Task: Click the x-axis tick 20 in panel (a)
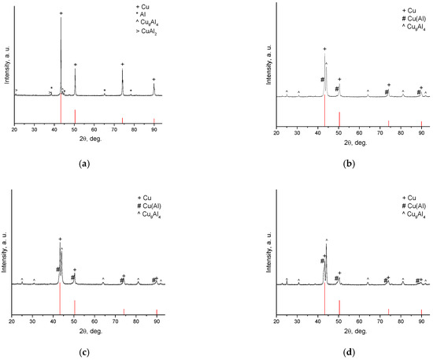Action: [14, 128]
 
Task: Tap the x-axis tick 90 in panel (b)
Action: [421, 128]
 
